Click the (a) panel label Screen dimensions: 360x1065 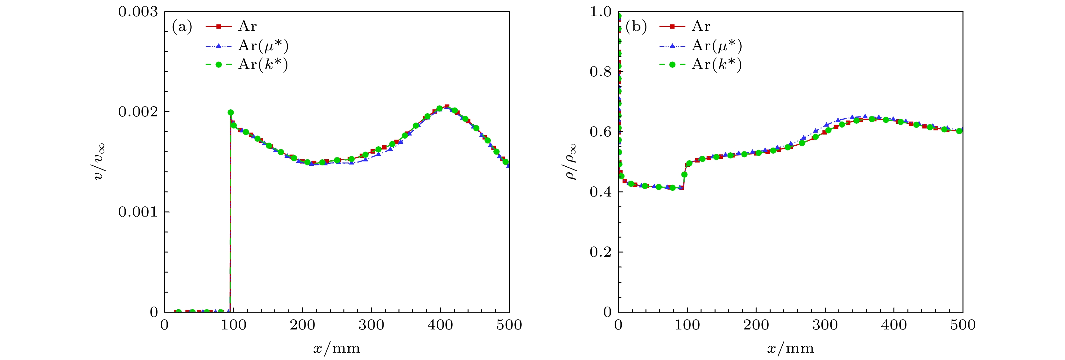(x=182, y=27)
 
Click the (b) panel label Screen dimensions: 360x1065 (x=636, y=27)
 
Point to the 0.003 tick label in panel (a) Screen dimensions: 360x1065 (x=138, y=12)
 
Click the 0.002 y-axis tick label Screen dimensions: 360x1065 (x=138, y=112)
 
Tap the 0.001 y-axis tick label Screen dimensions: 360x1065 (x=138, y=212)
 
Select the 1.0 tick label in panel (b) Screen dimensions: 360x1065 (x=600, y=12)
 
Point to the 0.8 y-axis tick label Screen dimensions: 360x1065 (x=600, y=72)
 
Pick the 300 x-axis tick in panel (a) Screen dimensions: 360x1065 (x=371, y=325)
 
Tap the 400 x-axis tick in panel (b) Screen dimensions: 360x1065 (x=894, y=325)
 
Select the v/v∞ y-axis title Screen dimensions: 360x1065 (x=99, y=162)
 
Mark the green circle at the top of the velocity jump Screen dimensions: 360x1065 (x=231, y=113)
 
